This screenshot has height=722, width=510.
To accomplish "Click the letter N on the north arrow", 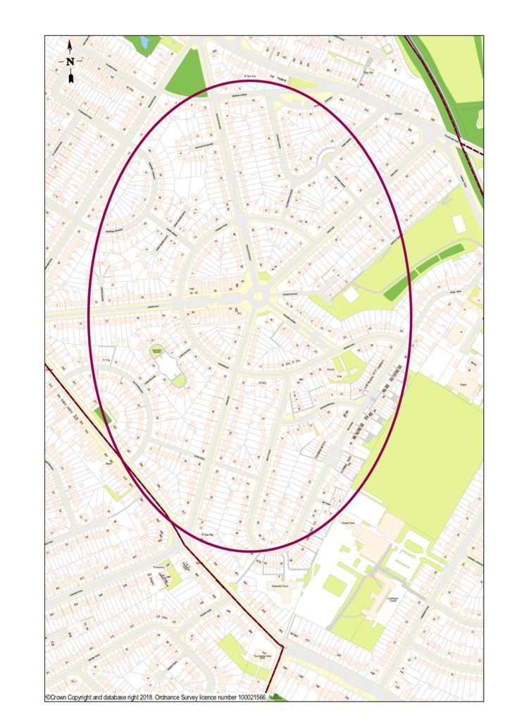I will (70, 61).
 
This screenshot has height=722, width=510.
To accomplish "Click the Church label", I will (330, 369).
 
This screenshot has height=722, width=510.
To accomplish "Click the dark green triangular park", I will (187, 71).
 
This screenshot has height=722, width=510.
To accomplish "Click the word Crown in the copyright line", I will (61, 697).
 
